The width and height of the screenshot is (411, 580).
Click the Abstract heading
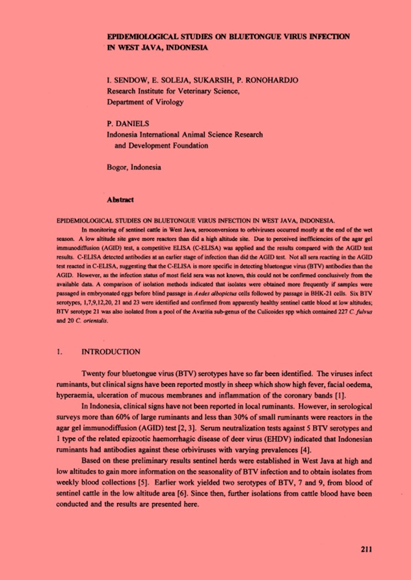120,199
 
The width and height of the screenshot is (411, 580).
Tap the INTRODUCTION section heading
111,352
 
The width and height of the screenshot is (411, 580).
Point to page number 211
366,549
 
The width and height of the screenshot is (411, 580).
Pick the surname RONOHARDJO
275,80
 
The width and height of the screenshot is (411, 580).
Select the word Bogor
117,168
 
